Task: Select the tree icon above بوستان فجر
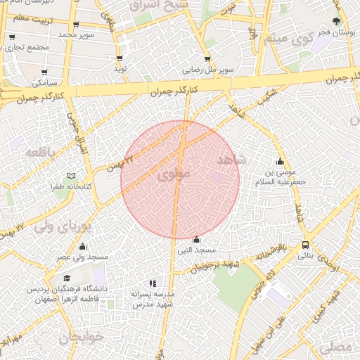pos(339,21)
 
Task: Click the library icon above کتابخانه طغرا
pos(70,176)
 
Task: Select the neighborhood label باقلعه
pos(39,152)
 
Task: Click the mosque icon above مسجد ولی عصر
pos(84,246)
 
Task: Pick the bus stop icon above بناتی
pos(306,245)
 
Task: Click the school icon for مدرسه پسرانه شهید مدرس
pos(153,283)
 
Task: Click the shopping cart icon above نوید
pos(120,59)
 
